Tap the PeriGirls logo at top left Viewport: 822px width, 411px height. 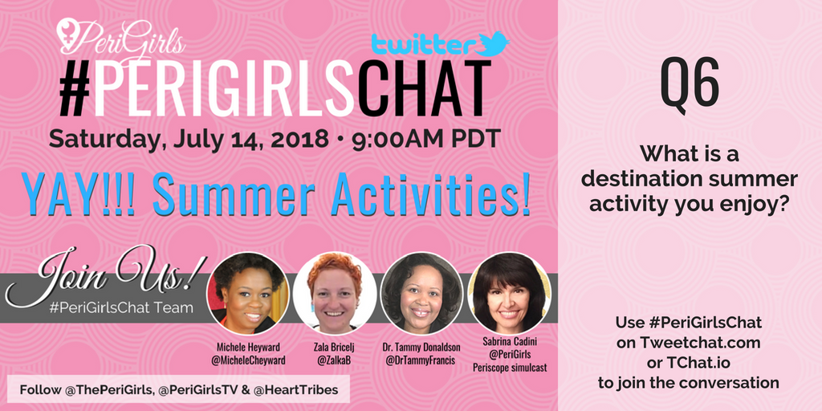(120, 34)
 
